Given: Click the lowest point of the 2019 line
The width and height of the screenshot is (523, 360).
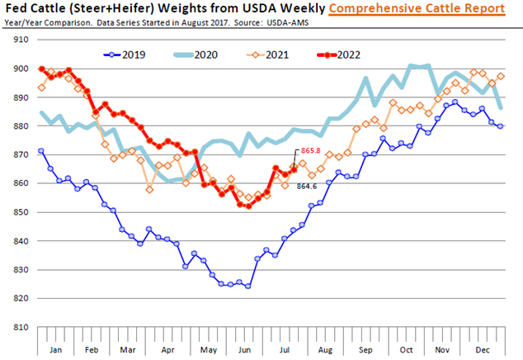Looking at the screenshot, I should [247, 286].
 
